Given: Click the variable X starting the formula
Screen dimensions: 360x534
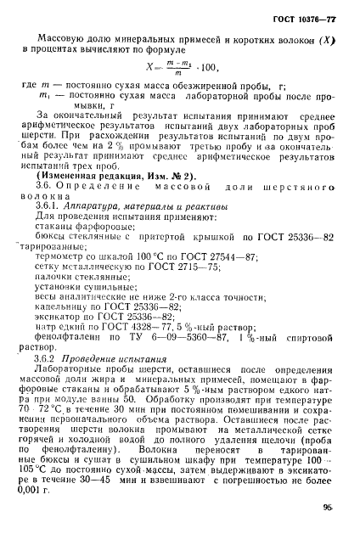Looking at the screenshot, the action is tap(150, 85).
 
